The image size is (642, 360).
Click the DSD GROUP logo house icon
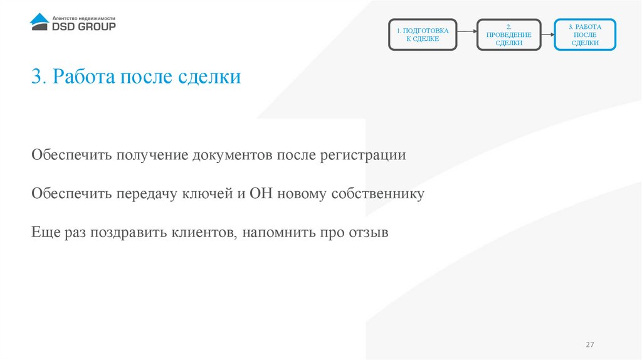pyautogui.click(x=39, y=21)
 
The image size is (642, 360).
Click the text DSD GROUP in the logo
pyautogui.click(x=83, y=26)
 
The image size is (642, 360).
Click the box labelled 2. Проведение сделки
pyautogui.click(x=508, y=35)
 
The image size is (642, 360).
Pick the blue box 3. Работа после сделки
pyautogui.click(x=584, y=35)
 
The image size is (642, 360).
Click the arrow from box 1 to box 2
pyautogui.click(x=466, y=34)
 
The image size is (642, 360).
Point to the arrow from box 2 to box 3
pyautogui.click(x=547, y=34)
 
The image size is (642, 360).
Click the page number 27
pyautogui.click(x=589, y=345)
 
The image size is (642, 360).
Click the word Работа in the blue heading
pyautogui.click(x=86, y=78)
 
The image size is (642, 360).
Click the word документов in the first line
pyautogui.click(x=232, y=155)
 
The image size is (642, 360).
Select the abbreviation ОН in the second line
pyautogui.click(x=262, y=193)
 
